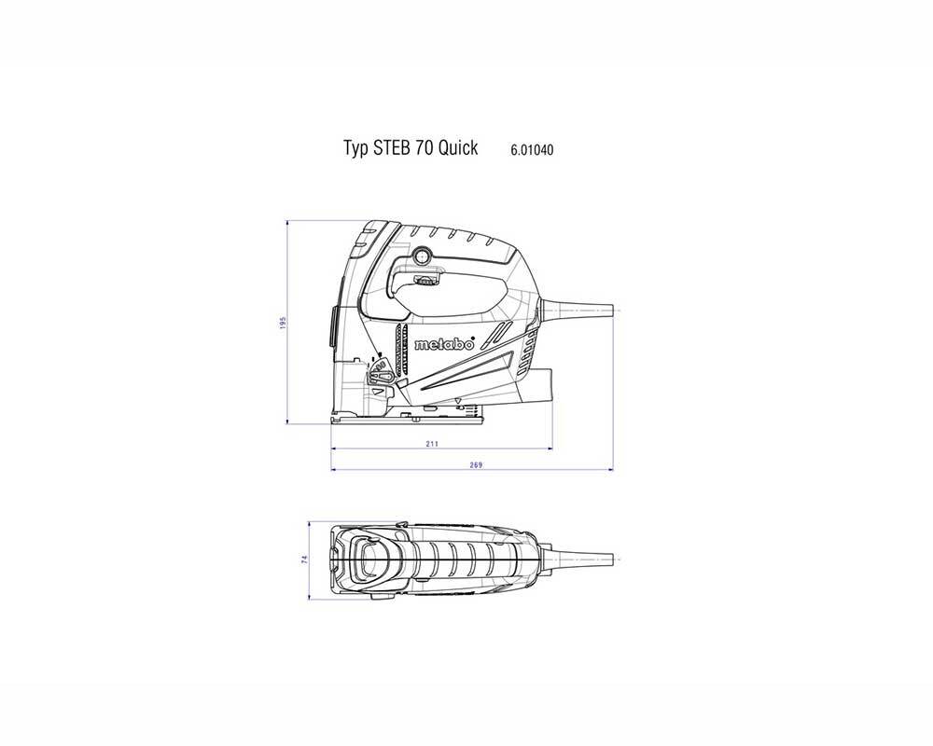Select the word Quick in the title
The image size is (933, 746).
[458, 148]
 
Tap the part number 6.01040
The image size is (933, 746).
[533, 149]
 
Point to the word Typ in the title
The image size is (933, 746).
[355, 149]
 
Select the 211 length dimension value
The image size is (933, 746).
[431, 445]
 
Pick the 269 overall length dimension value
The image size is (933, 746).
[476, 464]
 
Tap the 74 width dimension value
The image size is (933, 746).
[305, 559]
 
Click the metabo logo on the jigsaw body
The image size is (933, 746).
[443, 343]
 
